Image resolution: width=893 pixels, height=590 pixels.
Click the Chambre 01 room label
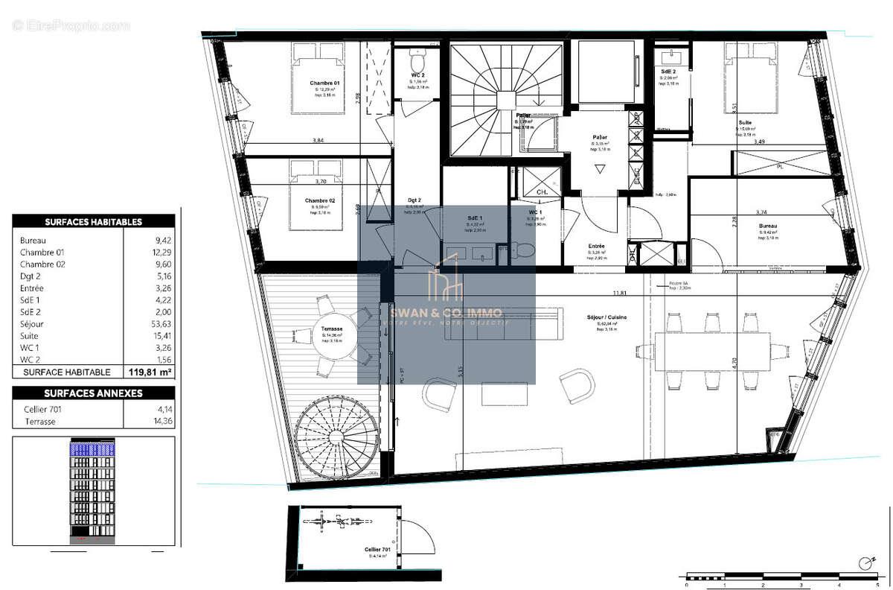click(326, 83)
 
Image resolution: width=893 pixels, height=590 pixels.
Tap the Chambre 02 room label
click(320, 200)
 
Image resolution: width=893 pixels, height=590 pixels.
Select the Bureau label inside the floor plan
click(768, 226)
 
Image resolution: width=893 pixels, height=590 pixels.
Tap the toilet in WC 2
click(418, 59)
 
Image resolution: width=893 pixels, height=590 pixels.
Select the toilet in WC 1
click(524, 250)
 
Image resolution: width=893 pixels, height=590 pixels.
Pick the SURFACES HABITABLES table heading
click(94, 221)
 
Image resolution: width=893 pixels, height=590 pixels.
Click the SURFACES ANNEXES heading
click(94, 393)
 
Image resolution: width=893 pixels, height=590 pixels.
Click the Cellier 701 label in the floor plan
click(378, 549)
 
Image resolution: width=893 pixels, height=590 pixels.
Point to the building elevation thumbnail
click(94, 490)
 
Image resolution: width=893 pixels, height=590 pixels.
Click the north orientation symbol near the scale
click(865, 562)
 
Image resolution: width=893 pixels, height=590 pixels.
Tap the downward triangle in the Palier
click(600, 170)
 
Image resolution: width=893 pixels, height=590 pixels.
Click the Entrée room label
click(596, 246)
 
